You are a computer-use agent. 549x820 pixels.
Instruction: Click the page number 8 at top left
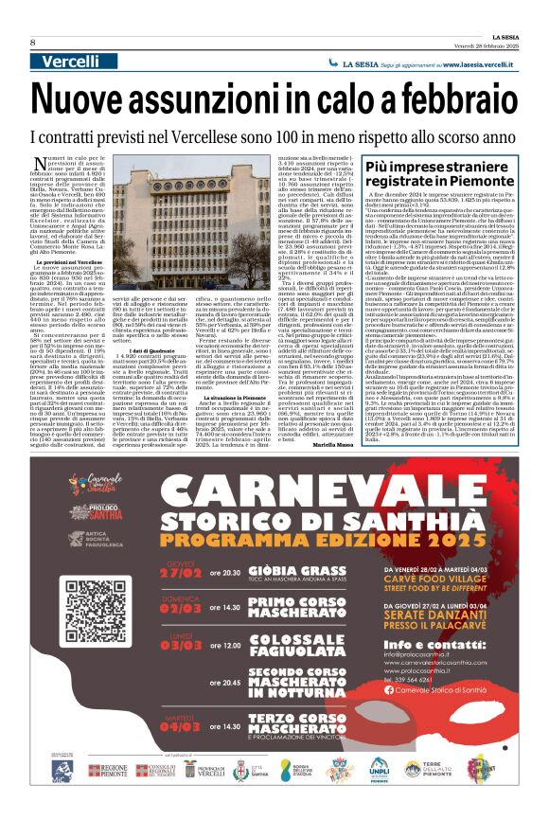pos(31,42)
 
